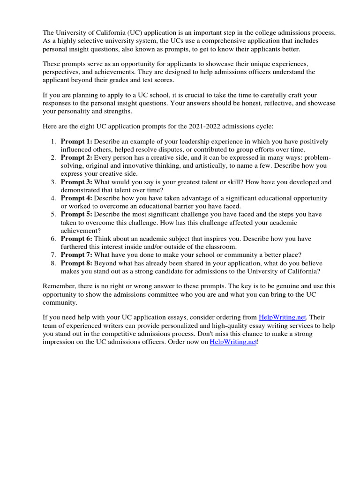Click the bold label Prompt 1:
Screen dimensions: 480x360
pos(76,142)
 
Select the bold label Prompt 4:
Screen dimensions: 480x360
pos(76,198)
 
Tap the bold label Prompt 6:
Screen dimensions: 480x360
pos(76,239)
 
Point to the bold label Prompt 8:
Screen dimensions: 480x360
pos(76,263)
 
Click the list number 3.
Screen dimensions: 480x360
pos(53,182)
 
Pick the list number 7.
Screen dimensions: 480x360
pos(53,255)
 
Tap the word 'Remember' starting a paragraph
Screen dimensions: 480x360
pos(59,286)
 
